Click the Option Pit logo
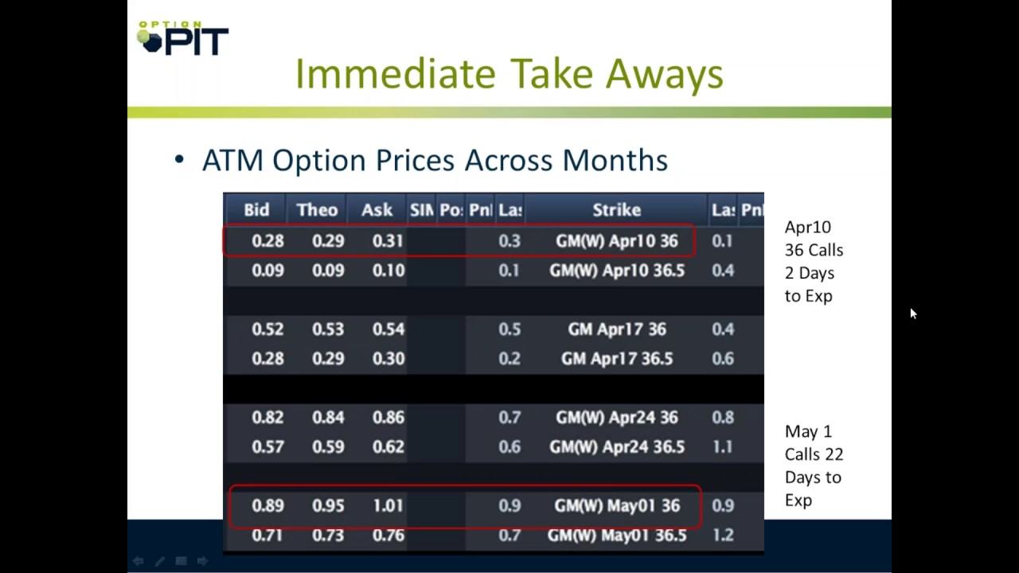(x=182, y=38)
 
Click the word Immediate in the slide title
(x=395, y=74)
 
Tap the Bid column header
(x=256, y=210)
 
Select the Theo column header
(x=317, y=210)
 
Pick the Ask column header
(x=377, y=210)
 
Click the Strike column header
(x=616, y=210)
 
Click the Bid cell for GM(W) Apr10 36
(x=267, y=241)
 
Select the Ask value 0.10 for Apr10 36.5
(x=388, y=271)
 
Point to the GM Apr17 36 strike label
(x=617, y=329)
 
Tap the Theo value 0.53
(x=328, y=329)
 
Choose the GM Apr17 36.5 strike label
(x=617, y=359)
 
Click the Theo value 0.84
(x=328, y=418)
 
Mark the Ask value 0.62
(x=388, y=447)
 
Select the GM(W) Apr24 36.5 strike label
(x=617, y=447)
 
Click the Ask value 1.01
(x=388, y=506)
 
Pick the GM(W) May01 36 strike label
(x=617, y=506)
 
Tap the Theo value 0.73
(x=328, y=536)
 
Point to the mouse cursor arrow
(x=912, y=314)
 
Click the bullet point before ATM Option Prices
(x=179, y=160)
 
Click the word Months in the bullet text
(x=615, y=160)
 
